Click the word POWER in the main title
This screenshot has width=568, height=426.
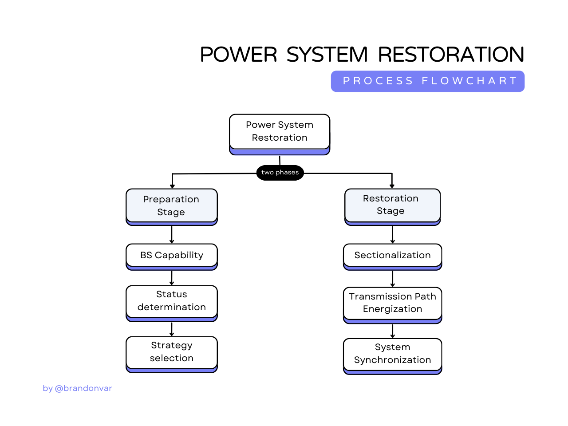tap(238, 55)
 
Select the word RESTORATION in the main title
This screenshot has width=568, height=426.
tap(451, 55)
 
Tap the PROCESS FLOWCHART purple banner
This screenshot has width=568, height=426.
tap(428, 81)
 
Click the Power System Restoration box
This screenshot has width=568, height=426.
tap(280, 132)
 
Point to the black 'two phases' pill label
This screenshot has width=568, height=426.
tap(280, 173)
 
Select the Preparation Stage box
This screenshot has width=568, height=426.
tap(172, 206)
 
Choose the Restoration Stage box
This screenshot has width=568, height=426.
tap(392, 205)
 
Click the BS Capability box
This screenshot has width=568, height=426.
tap(172, 256)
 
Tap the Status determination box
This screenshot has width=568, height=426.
tap(172, 301)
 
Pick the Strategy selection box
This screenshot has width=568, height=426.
tap(172, 352)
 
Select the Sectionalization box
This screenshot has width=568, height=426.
tap(392, 256)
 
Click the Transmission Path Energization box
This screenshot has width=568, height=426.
tap(392, 303)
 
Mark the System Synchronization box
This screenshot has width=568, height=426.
tap(392, 354)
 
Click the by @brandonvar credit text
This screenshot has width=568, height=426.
tap(77, 388)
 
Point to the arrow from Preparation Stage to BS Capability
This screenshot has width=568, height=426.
tap(172, 235)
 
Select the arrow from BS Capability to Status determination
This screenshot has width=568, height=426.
tap(172, 278)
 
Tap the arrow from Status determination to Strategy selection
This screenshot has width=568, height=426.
tap(172, 329)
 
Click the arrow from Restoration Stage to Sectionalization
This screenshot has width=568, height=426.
tap(392, 235)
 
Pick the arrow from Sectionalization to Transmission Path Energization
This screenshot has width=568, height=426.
tap(392, 279)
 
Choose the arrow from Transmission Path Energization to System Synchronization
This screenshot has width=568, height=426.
tap(392, 331)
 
